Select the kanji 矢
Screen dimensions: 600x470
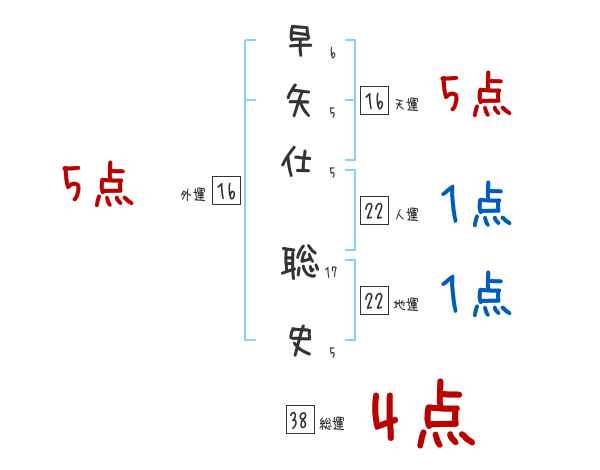299,101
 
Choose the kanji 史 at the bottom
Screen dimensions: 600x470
299,343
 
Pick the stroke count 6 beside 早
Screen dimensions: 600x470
331,52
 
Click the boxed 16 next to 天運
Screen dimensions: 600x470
374,100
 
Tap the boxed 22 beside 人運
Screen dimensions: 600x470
374,212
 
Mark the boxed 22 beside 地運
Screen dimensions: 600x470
374,301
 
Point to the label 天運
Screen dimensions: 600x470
406,104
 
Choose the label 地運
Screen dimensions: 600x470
406,304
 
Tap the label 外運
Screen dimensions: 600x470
193,196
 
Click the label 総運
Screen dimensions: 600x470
332,424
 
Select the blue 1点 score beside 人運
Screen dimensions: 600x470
476,207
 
